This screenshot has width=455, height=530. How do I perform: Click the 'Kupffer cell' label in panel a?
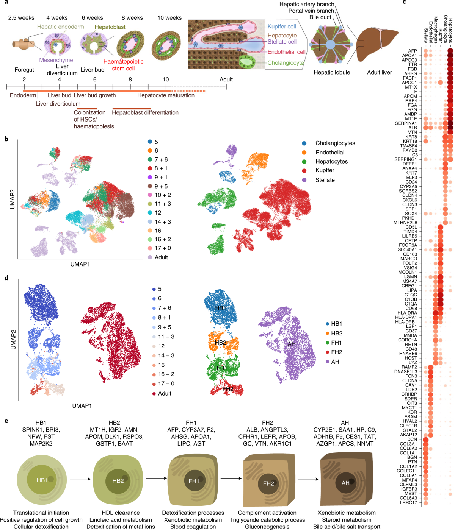(281, 26)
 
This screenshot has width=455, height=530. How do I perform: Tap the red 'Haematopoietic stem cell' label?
(123, 65)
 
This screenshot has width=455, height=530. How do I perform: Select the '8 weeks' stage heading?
(132, 18)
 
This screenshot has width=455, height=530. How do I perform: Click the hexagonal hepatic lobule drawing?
(331, 44)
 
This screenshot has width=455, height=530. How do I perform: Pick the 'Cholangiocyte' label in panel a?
(286, 63)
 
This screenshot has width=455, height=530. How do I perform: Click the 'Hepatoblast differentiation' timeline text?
(145, 112)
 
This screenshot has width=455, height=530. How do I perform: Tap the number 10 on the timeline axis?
(166, 79)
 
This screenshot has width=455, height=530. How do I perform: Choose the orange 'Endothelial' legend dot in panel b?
(304, 153)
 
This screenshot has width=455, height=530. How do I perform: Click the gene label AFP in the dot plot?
(413, 51)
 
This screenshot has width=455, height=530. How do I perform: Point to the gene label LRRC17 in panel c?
(408, 502)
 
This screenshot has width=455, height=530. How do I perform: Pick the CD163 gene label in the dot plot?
(410, 254)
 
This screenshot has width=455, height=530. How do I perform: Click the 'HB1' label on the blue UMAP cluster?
(220, 308)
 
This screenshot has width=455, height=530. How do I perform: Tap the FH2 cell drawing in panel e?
(269, 481)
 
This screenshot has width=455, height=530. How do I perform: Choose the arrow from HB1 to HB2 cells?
(80, 479)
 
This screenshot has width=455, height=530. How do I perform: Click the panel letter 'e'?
(6, 421)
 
